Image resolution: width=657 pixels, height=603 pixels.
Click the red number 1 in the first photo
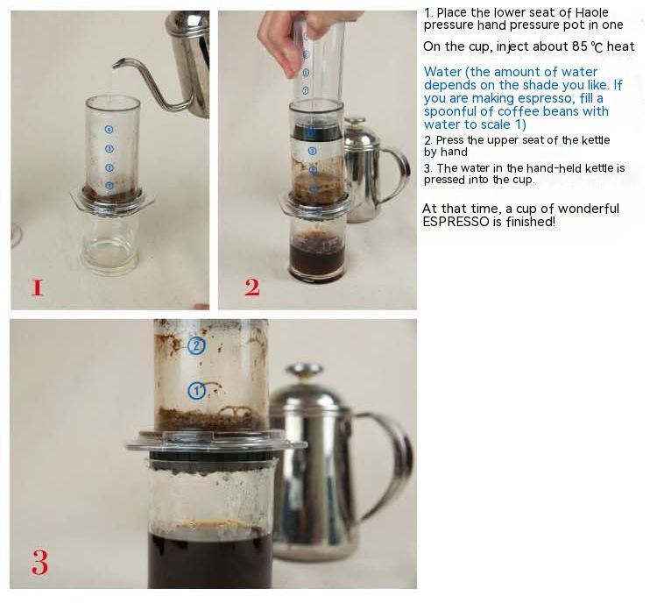[x=37, y=287]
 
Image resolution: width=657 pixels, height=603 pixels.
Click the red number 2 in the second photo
[x=252, y=287]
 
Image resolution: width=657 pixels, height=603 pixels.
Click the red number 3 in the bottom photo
[x=39, y=562]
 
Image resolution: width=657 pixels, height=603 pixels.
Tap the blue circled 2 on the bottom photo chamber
[x=196, y=345]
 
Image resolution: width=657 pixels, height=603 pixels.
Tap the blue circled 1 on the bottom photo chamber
[x=196, y=391]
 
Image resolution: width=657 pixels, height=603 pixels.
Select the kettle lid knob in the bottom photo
[x=304, y=370]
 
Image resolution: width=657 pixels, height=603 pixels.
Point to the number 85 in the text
[x=580, y=46]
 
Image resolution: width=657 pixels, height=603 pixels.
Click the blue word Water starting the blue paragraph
[x=442, y=72]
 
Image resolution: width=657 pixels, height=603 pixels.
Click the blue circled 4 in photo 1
[x=109, y=130]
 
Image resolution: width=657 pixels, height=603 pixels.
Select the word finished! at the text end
[x=531, y=222]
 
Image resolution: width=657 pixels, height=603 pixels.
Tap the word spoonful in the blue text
[x=448, y=112]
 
